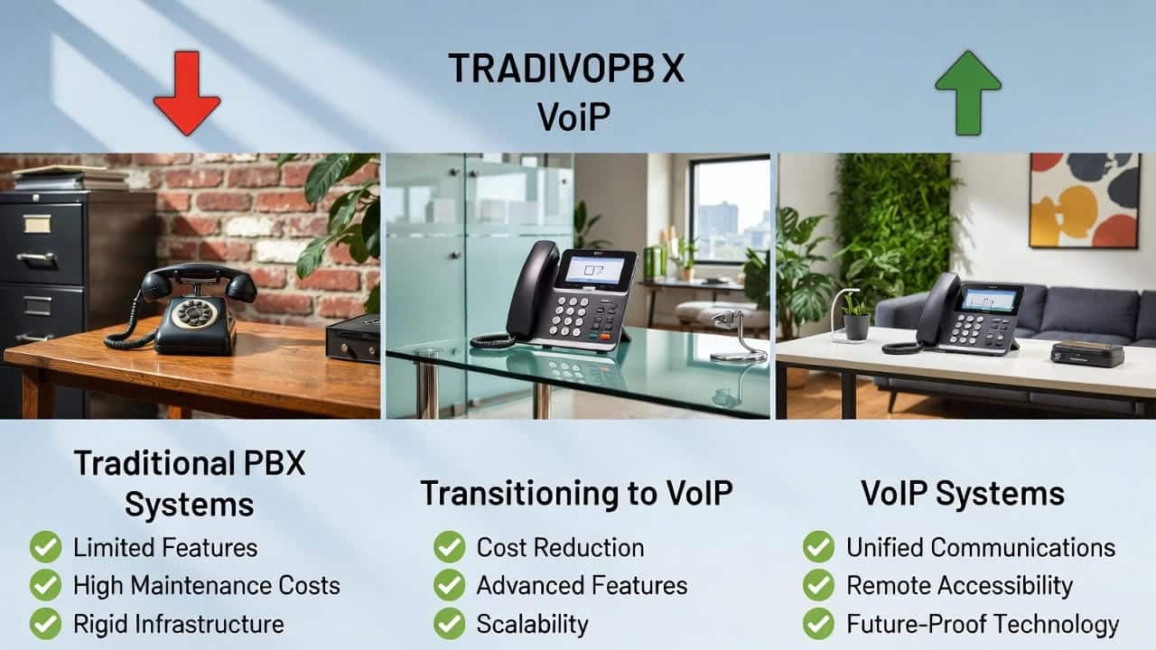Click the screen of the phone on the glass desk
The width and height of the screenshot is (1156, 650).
click(x=593, y=270)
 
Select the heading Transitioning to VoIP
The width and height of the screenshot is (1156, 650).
click(x=576, y=493)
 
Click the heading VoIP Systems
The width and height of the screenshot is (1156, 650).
click(x=962, y=494)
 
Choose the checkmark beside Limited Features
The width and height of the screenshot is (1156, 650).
click(x=45, y=547)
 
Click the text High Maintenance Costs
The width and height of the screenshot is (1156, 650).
click(x=206, y=585)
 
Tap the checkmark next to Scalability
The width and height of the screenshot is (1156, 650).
click(x=449, y=624)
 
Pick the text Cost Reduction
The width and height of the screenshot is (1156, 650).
click(x=560, y=547)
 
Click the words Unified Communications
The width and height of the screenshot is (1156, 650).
click(x=980, y=547)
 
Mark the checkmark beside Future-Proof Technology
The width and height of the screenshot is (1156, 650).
click(x=818, y=624)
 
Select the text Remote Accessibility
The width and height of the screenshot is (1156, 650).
click(x=958, y=585)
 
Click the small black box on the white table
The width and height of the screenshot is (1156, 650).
click(x=1086, y=352)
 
